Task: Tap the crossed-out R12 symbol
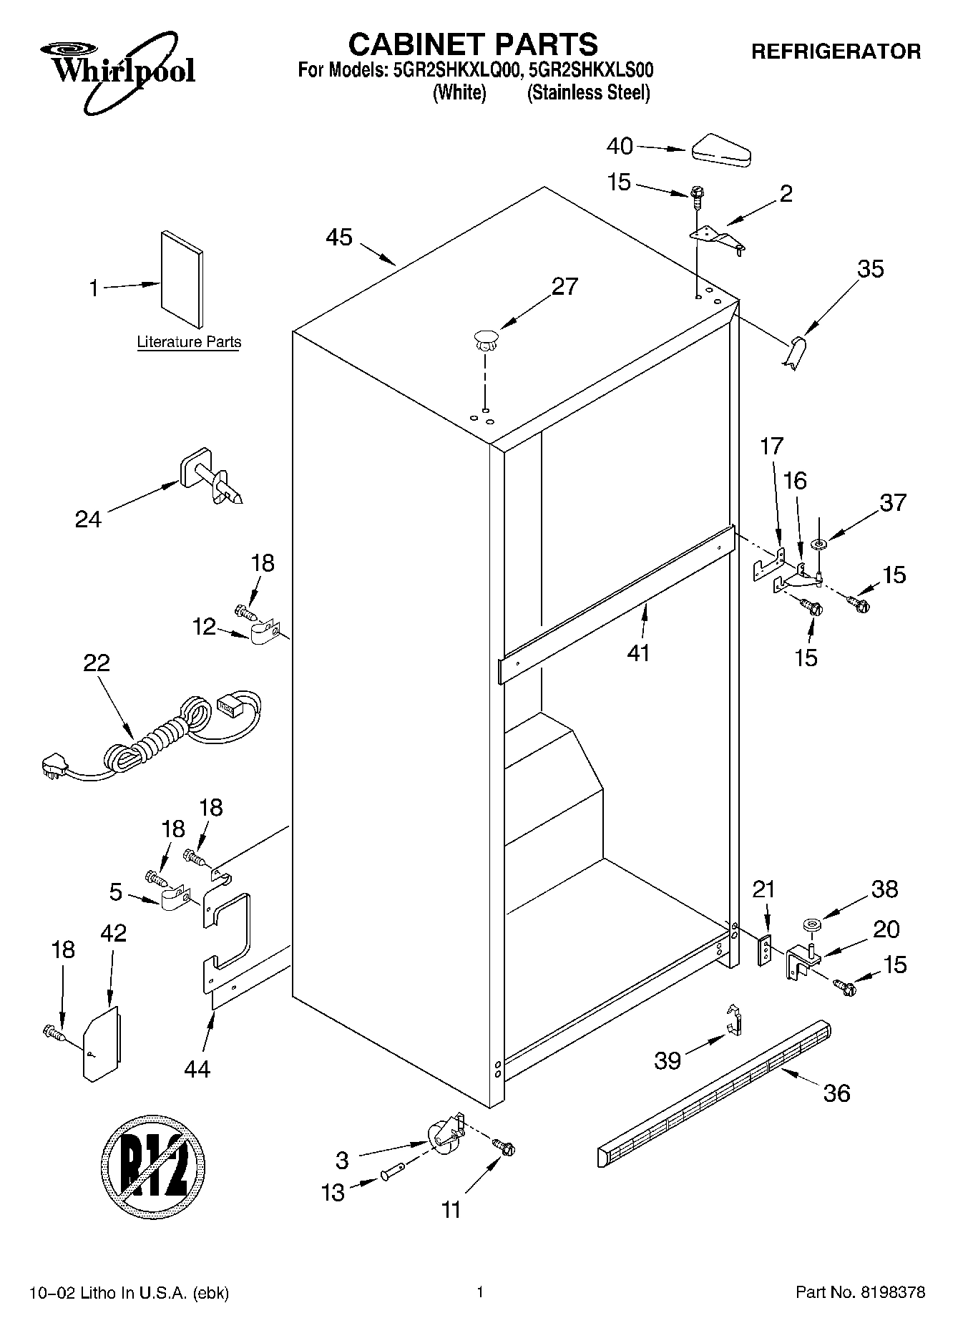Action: point(153,1164)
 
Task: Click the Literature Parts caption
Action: point(189,342)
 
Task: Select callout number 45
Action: point(339,237)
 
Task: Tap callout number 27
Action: point(564,286)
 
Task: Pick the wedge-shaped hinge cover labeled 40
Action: point(720,151)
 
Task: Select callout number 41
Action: point(638,652)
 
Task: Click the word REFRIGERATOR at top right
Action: point(836,51)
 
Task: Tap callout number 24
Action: point(88,519)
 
